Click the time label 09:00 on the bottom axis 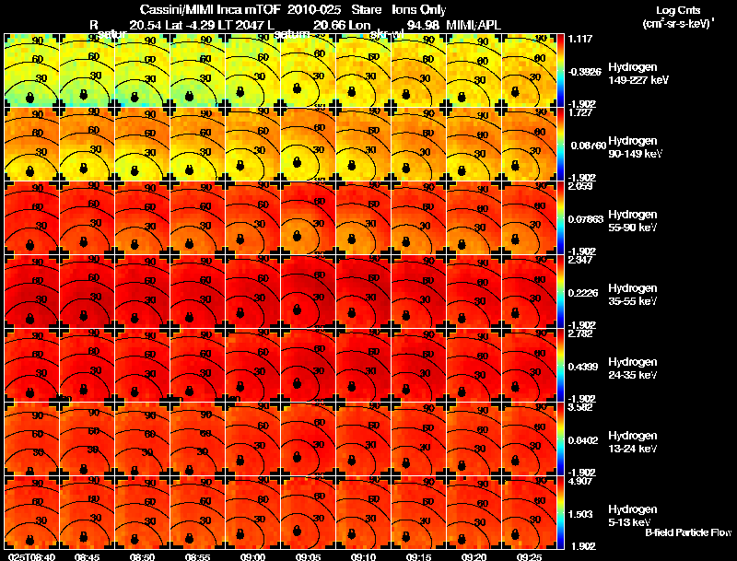pyautogui.click(x=252, y=556)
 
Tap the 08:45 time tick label pyautogui.click(x=86, y=556)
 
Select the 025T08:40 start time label pyautogui.click(x=30, y=556)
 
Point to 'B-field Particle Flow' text pyautogui.click(x=687, y=532)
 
